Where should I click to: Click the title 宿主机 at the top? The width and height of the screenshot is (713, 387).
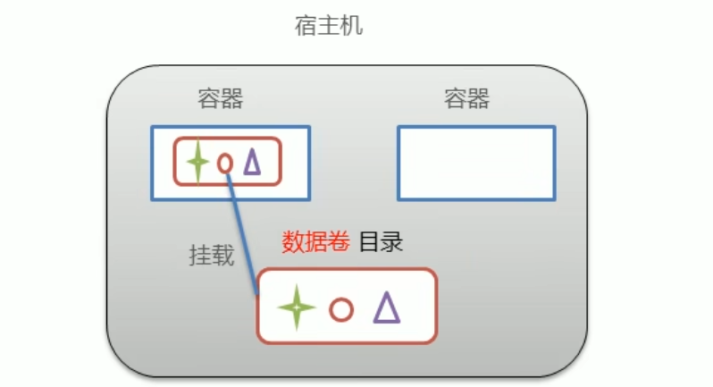tap(329, 26)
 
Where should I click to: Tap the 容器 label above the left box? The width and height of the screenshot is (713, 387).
tap(221, 98)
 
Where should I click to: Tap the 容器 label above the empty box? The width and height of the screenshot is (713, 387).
tap(466, 98)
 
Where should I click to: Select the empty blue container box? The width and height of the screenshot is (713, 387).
tap(476, 163)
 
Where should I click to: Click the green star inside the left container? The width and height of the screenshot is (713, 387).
tap(197, 163)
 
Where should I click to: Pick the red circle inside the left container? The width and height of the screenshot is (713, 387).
tap(225, 163)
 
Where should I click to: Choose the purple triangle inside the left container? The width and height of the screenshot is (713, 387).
tap(252, 162)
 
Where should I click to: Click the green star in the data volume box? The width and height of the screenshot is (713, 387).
tap(296, 308)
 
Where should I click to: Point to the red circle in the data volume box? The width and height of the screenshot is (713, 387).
tap(340, 309)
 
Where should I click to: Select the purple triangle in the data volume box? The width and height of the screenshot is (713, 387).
tap(386, 307)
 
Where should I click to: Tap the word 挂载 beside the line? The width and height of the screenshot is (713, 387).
tap(212, 256)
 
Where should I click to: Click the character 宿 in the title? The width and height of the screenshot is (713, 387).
tap(306, 26)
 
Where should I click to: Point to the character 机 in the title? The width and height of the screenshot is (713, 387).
tap(352, 26)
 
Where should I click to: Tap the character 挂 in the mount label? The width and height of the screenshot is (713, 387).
tap(200, 256)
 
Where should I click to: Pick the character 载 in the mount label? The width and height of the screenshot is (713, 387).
tap(223, 256)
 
